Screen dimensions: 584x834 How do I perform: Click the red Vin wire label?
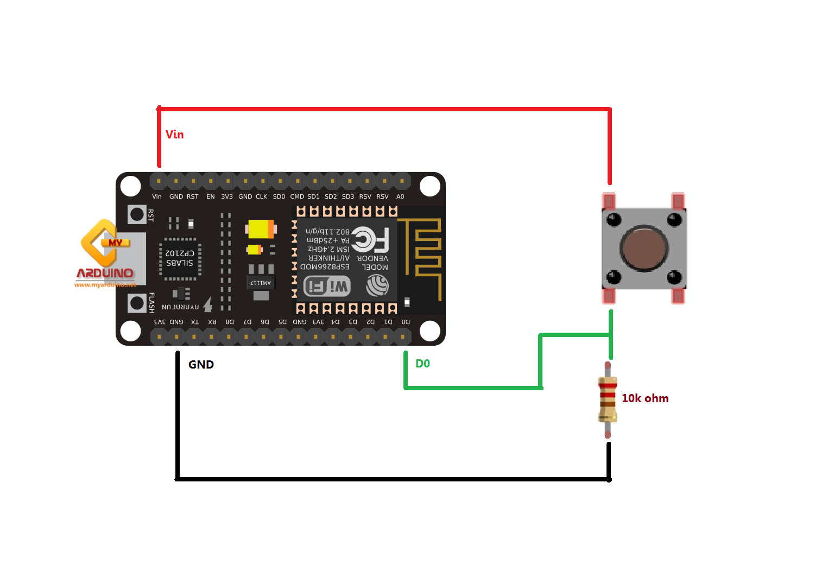click(174, 135)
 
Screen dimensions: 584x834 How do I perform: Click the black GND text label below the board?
click(201, 365)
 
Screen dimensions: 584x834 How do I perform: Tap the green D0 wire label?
click(422, 364)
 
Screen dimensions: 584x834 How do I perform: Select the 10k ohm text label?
click(645, 398)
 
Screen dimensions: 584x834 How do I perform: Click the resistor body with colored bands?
click(608, 399)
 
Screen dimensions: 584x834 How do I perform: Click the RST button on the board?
click(137, 214)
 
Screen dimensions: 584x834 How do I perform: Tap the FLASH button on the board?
click(137, 303)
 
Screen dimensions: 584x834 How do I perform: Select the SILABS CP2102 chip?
click(180, 258)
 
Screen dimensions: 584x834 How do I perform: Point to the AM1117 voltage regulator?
click(261, 283)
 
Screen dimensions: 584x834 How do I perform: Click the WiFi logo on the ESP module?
click(327, 286)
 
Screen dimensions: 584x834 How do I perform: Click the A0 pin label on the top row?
click(400, 196)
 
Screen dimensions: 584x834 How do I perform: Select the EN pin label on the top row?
click(211, 196)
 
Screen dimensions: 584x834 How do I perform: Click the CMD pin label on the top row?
click(297, 196)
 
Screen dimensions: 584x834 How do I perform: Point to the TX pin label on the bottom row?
click(194, 322)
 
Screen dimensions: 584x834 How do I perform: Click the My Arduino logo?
click(105, 253)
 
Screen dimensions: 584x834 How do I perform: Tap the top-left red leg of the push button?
click(609, 201)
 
